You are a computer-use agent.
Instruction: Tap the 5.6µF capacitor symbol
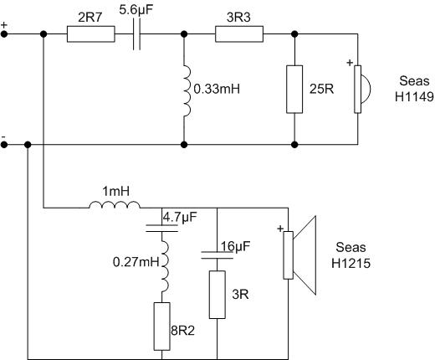pyautogui.click(x=136, y=34)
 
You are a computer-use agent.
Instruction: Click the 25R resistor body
pyautogui.click(x=294, y=90)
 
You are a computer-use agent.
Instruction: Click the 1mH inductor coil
pyautogui.click(x=115, y=204)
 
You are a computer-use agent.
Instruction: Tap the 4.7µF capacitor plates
pyautogui.click(x=161, y=228)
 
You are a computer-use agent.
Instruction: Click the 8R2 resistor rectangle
pyautogui.click(x=162, y=327)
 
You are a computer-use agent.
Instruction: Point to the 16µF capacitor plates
pyautogui.click(x=217, y=255)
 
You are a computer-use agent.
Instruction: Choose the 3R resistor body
pyautogui.click(x=217, y=295)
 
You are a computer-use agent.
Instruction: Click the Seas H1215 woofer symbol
pyautogui.click(x=299, y=255)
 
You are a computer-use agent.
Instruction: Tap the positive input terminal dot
pyautogui.click(x=4, y=34)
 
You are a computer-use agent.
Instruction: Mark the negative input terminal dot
pyautogui.click(x=4, y=145)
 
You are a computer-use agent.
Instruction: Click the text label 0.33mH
pyautogui.click(x=217, y=90)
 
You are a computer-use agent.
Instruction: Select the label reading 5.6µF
pyautogui.click(x=136, y=10)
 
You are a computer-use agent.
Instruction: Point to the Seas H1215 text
pyautogui.click(x=351, y=255)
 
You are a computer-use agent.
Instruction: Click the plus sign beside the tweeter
pyautogui.click(x=350, y=63)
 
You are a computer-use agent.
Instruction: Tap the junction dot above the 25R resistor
pyautogui.click(x=294, y=34)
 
